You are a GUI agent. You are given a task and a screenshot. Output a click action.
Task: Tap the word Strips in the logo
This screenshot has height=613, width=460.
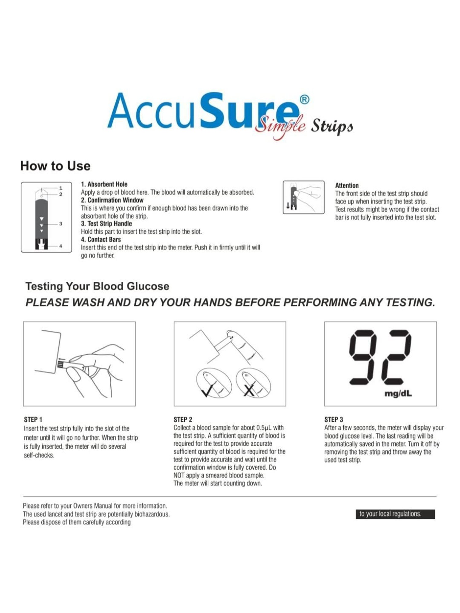(332, 126)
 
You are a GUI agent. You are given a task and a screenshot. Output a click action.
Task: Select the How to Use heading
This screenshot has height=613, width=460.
(55, 166)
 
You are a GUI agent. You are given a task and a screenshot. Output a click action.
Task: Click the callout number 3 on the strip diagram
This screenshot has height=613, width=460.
(60, 224)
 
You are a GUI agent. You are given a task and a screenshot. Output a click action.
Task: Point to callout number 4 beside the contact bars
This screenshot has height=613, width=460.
(60, 246)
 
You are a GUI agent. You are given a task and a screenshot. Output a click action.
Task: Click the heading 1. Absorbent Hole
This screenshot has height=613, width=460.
(104, 184)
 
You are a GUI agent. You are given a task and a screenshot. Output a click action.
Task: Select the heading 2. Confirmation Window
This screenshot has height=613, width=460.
(112, 200)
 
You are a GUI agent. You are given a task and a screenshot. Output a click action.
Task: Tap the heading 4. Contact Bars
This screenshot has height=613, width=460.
(101, 239)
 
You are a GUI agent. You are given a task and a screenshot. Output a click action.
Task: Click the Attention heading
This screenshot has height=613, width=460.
(347, 185)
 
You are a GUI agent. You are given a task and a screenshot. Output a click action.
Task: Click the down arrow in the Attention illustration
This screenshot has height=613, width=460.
(288, 206)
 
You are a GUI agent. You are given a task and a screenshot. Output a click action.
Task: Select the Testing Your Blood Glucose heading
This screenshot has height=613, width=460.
(97, 286)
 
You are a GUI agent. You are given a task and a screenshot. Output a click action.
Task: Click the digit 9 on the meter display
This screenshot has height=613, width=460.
(362, 357)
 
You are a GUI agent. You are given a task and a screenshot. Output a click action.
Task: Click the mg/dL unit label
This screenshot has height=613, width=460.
(398, 394)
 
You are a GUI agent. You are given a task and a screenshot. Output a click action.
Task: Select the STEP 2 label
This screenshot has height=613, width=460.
(183, 420)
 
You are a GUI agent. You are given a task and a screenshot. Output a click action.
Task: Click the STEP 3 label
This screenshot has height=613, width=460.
(334, 420)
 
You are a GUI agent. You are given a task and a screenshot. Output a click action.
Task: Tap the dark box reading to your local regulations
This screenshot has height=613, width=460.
(395, 514)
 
